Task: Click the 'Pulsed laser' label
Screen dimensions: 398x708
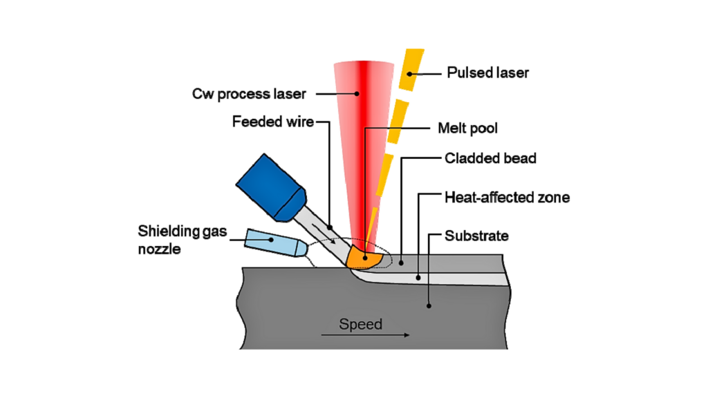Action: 487,73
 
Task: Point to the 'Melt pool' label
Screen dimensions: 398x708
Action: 468,128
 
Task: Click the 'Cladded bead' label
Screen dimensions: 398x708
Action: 490,158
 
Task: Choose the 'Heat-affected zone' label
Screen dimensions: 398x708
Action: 506,198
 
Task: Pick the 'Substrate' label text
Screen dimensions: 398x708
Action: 476,236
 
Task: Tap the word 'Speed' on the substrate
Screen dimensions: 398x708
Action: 360,324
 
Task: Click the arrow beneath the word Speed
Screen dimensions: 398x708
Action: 365,335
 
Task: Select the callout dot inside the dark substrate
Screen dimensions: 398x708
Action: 429,304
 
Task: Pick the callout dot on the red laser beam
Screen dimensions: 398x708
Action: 357,93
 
